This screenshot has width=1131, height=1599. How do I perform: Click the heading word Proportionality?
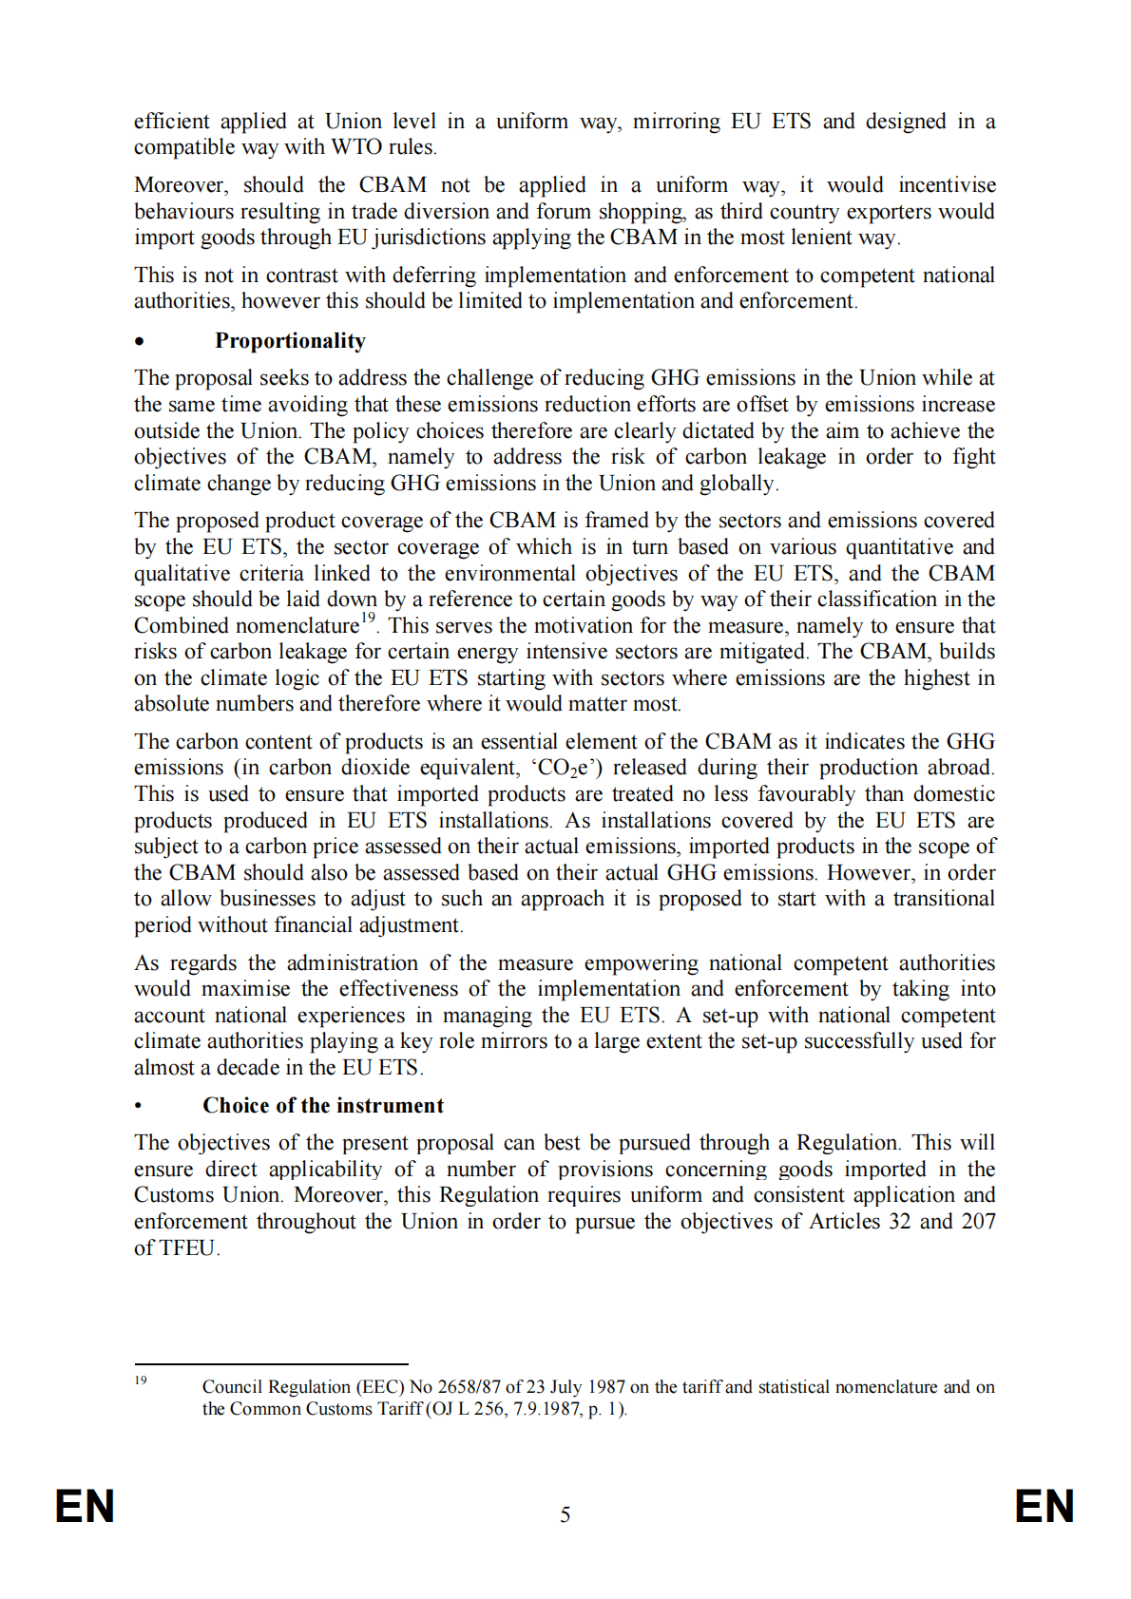coord(290,341)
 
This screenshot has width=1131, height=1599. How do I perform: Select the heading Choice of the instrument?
coord(323,1105)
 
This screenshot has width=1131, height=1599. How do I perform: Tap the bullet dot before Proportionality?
coord(140,342)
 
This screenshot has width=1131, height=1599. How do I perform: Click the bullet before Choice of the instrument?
coord(139,1106)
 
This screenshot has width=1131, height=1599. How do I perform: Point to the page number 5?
coord(565,1514)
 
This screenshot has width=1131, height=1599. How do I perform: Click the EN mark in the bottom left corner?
coord(86,1507)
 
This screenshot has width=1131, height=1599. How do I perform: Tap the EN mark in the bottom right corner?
coord(1045,1507)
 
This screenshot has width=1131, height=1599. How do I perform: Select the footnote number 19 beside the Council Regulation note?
coord(141,1380)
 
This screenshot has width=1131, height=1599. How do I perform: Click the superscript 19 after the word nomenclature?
coord(368,619)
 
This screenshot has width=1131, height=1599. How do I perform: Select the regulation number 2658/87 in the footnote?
coord(470,1387)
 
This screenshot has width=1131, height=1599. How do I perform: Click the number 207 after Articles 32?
coord(978,1221)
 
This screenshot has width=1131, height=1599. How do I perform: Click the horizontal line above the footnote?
coord(271,1364)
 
